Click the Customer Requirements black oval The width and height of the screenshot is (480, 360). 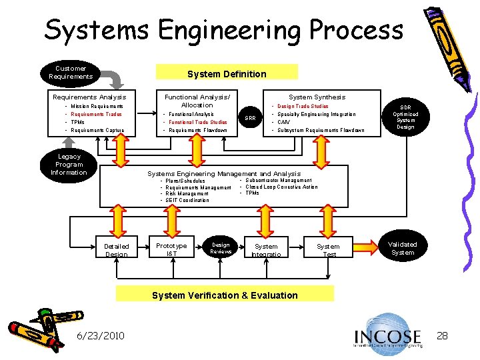[71, 72]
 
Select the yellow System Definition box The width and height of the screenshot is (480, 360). [227, 73]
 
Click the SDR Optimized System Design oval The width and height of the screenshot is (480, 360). [405, 117]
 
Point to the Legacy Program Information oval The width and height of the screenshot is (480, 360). [69, 165]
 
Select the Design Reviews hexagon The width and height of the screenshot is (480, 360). [220, 247]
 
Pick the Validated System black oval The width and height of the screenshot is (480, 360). [403, 248]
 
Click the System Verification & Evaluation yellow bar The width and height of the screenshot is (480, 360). [225, 295]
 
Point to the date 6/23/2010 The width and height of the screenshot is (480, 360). [100, 335]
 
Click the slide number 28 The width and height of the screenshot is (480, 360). [442, 335]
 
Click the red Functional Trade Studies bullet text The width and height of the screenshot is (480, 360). [197, 122]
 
